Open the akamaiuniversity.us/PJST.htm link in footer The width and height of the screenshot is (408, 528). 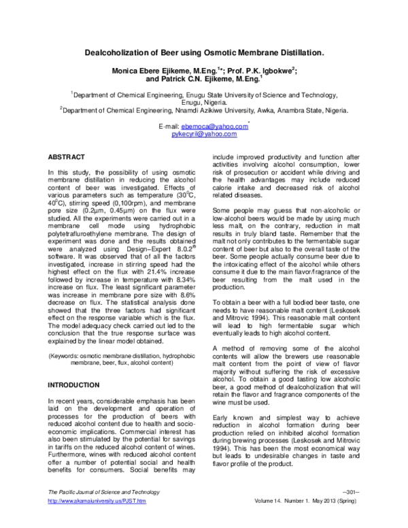95,520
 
